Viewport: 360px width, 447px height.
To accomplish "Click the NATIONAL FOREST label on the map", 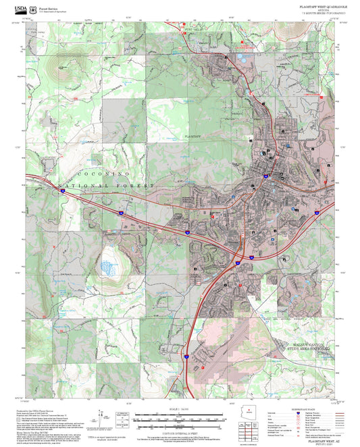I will [x=107, y=185].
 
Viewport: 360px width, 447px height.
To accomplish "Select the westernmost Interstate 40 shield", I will [x=61, y=191].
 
